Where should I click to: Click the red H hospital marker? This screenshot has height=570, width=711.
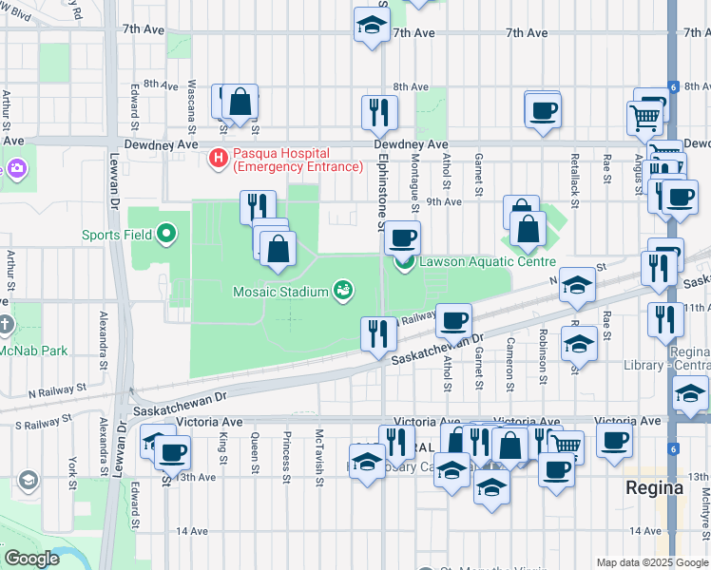tap(219, 158)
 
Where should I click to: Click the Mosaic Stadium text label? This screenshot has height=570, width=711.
tap(279, 292)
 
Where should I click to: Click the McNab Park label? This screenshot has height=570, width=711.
tap(34, 351)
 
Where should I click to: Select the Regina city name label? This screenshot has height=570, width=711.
tap(654, 487)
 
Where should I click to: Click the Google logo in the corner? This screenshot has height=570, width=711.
tap(31, 559)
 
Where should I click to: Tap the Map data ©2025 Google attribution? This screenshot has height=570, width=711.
tap(652, 562)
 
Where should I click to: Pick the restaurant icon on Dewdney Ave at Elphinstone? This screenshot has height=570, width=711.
tap(379, 112)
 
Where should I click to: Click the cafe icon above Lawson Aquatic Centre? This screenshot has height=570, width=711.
tap(403, 237)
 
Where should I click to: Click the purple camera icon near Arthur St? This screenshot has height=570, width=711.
tap(16, 168)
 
